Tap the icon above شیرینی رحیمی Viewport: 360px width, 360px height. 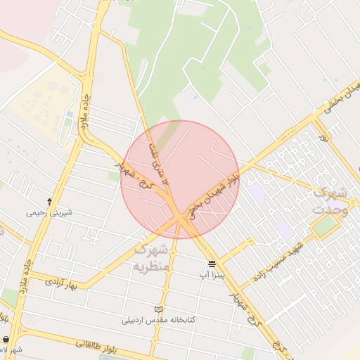point(49,201)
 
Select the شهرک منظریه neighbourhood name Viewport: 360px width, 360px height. point(152,257)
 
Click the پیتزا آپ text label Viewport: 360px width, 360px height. point(211,275)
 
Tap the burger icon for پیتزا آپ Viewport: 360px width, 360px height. point(212,265)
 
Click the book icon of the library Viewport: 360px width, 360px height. point(159,309)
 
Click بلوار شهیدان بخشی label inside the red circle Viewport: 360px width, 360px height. point(214,191)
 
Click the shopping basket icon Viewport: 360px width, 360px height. point(6,340)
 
